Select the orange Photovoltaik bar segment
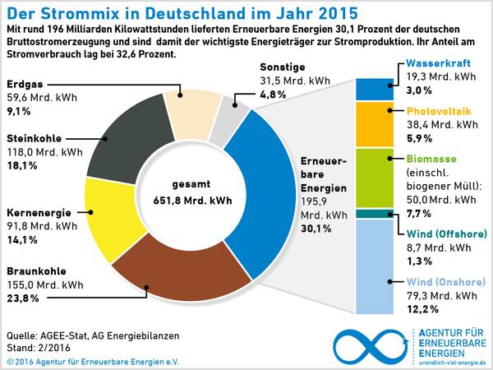point(376,123)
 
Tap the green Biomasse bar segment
point(376,178)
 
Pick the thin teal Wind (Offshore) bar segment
point(376,214)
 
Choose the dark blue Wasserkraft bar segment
point(376,88)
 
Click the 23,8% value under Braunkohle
point(22,298)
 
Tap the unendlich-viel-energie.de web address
point(453,362)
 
